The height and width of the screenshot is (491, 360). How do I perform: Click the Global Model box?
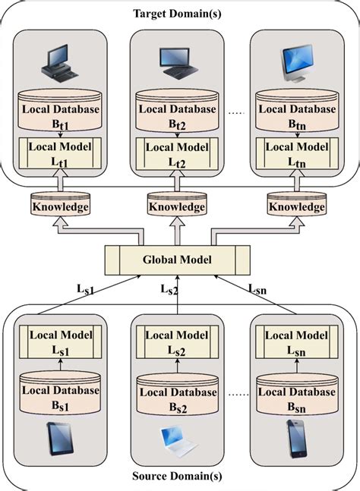177,260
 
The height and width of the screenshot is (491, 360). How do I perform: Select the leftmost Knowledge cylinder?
60,206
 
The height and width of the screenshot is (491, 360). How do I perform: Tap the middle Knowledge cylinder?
177,206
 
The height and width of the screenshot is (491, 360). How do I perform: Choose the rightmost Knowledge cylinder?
296,206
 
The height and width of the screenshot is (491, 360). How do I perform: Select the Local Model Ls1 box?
60,341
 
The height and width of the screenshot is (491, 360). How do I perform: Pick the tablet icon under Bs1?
59,438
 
